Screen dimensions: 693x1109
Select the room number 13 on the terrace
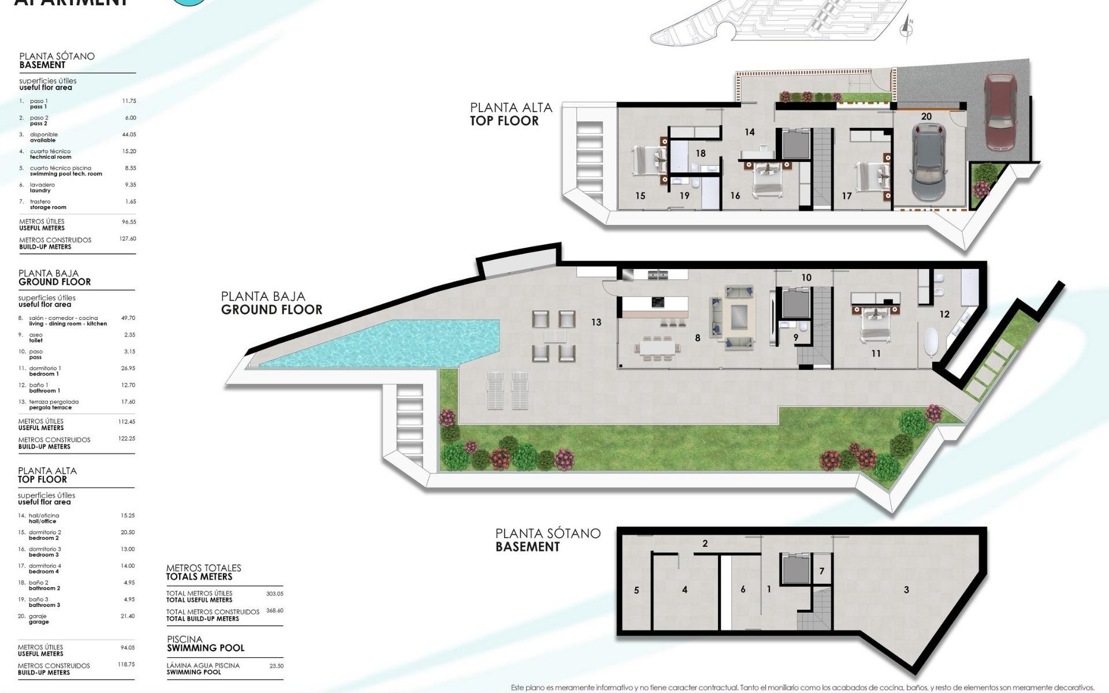click(596, 322)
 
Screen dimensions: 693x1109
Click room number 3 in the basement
click(906, 590)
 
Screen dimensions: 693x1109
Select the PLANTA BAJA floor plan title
click(271, 303)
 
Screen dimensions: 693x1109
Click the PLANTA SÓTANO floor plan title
click(548, 539)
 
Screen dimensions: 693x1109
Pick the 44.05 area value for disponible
click(129, 135)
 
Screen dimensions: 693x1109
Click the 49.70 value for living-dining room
click(128, 318)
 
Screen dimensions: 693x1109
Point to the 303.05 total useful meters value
click(274, 594)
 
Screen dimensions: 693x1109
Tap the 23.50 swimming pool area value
click(276, 666)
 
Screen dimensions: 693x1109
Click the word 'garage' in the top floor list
click(39, 622)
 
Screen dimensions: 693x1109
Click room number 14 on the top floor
click(749, 132)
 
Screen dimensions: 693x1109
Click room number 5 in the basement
click(637, 590)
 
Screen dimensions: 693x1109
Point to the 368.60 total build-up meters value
click(274, 610)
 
